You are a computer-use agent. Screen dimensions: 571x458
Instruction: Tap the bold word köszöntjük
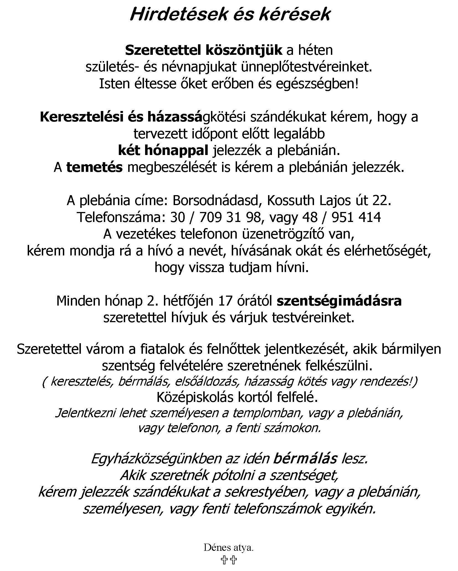(x=244, y=50)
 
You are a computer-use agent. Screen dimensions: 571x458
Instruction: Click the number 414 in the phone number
(x=369, y=218)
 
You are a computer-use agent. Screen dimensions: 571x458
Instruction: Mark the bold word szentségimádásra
(x=339, y=301)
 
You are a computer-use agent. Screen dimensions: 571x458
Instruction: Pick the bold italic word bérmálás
(x=305, y=459)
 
